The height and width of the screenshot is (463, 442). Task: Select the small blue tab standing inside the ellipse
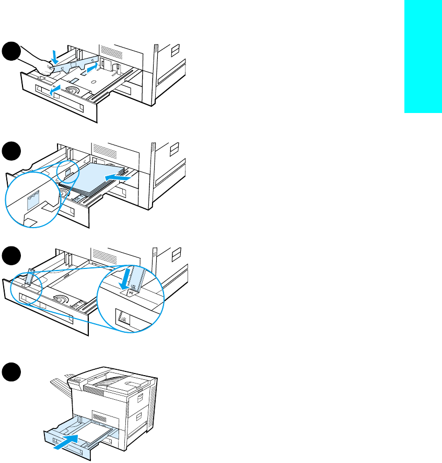[x=30, y=276]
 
